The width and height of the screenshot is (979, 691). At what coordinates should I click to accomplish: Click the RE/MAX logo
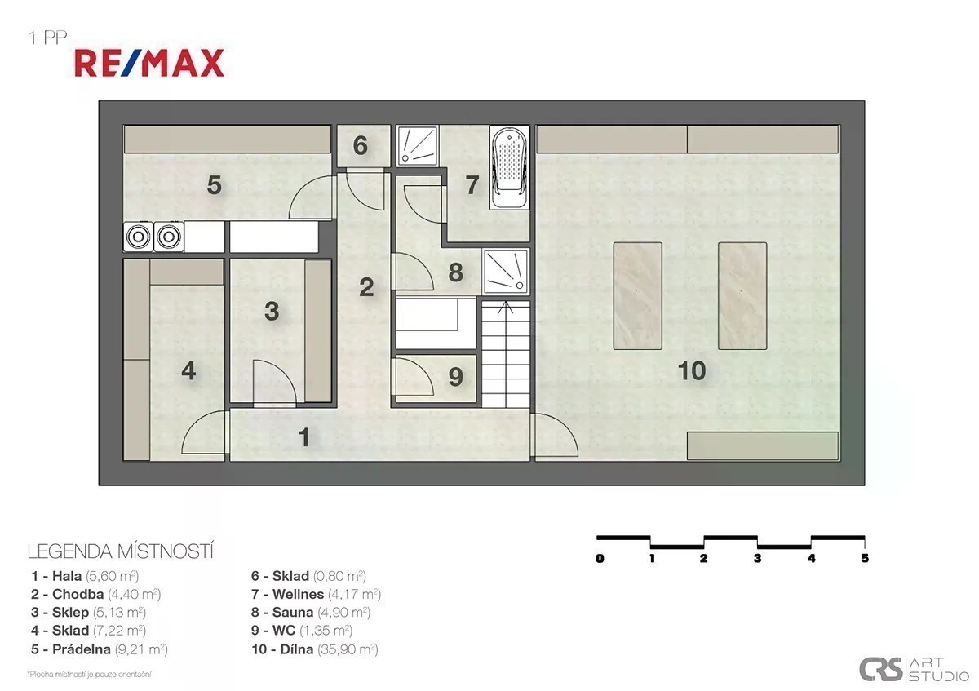pos(149,64)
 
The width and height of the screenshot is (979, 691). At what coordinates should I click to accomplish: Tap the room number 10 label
pos(692,370)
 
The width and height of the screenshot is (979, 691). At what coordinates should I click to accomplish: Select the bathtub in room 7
pos(509,168)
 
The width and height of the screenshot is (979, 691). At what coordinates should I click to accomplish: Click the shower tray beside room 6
pos(417,146)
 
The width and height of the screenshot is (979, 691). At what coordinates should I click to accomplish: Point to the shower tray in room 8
pos(506,271)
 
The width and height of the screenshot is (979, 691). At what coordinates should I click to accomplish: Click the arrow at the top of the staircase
pos(506,308)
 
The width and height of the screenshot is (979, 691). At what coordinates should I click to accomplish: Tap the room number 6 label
pos(360,145)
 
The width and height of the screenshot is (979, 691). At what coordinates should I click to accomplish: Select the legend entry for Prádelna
pos(100,649)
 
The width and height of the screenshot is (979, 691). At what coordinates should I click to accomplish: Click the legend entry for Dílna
pos(315,649)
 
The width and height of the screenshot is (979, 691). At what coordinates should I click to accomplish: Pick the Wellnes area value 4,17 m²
pos(354,595)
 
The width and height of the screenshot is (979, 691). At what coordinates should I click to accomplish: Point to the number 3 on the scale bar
pos(757,558)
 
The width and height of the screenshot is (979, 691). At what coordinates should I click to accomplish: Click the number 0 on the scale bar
pos(600,558)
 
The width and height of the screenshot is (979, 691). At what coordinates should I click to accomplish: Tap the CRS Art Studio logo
pos(914,669)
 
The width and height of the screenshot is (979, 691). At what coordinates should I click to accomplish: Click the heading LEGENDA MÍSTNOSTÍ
pos(121,551)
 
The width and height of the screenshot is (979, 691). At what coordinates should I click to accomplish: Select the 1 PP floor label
pos(48,38)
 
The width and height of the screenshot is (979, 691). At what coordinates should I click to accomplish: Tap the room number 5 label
pos(214,185)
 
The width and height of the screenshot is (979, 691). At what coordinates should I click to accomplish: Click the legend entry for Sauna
pos(311,613)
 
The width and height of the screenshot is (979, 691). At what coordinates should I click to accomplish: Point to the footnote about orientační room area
pos(89,675)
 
